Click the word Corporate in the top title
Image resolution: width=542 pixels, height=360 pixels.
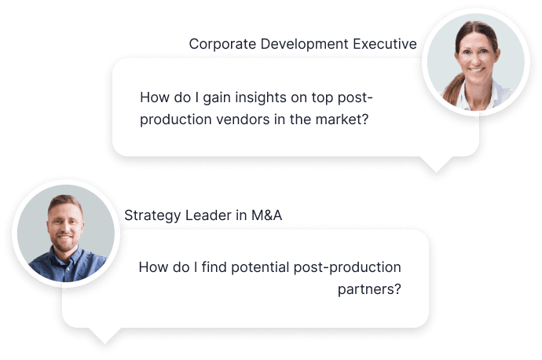(x=222, y=44)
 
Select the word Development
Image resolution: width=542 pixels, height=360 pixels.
(x=305, y=44)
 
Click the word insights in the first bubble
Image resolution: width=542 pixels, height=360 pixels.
(x=261, y=97)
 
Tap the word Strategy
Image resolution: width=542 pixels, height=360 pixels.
(x=152, y=215)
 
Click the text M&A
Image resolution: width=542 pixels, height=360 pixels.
(x=266, y=215)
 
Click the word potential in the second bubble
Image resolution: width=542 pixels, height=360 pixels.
(x=260, y=267)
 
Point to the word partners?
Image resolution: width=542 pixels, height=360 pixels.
(x=369, y=289)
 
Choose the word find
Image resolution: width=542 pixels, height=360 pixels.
(x=214, y=267)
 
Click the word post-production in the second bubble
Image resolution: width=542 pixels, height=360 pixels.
(x=347, y=267)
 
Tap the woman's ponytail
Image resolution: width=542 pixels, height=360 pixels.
(x=452, y=90)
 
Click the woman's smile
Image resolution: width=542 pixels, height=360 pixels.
(x=478, y=69)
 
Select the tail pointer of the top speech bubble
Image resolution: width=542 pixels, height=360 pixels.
(x=436, y=164)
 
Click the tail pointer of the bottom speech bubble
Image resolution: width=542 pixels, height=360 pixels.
(x=104, y=336)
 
